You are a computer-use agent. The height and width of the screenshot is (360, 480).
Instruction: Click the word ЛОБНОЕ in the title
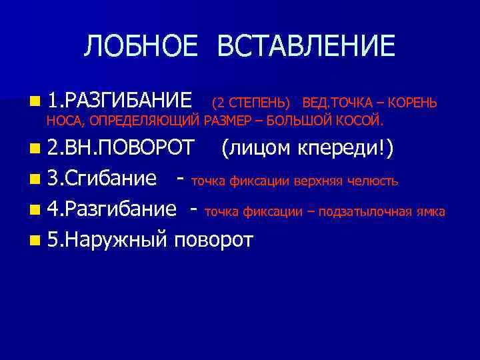[x=141, y=47]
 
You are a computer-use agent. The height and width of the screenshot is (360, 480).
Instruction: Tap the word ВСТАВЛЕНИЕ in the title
[x=307, y=47]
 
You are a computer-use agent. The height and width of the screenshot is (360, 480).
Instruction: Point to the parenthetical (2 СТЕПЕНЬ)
[x=251, y=103]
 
